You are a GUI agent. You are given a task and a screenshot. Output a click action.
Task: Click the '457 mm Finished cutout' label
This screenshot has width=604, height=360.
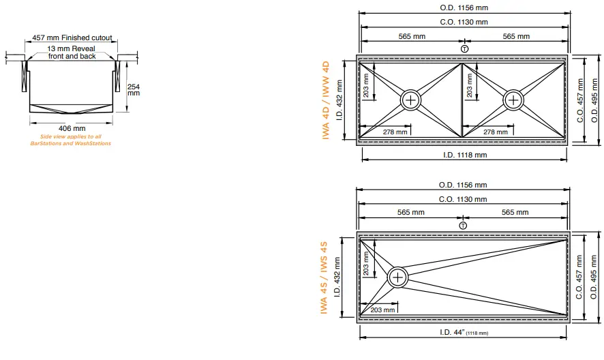tap(72, 39)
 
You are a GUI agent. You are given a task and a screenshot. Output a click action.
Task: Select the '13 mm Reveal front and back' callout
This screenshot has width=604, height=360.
tap(72, 52)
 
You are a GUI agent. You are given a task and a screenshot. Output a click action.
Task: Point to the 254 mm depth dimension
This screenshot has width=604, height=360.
tap(134, 89)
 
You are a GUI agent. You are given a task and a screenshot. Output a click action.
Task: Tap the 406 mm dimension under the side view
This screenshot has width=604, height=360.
tap(71, 128)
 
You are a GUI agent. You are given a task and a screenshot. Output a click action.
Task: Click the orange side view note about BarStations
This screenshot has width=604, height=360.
tap(71, 140)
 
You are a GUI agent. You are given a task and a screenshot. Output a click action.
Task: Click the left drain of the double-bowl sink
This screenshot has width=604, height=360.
tap(411, 100)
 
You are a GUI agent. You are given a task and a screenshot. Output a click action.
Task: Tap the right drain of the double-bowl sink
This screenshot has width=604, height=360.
tap(514, 100)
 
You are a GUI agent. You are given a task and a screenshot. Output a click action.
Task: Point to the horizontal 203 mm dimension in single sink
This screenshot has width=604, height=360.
tap(384, 310)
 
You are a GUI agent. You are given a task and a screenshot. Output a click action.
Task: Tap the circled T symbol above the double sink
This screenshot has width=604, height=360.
tap(464, 48)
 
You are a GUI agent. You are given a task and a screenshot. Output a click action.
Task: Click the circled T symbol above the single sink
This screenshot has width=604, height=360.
tap(464, 225)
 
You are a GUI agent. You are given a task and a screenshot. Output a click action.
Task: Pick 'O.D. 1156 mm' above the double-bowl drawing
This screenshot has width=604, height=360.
tap(464, 8)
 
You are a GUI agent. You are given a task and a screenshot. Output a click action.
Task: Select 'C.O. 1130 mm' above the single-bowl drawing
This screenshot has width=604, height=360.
tap(464, 199)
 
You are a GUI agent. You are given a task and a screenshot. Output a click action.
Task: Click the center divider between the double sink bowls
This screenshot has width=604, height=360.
tap(462, 100)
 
